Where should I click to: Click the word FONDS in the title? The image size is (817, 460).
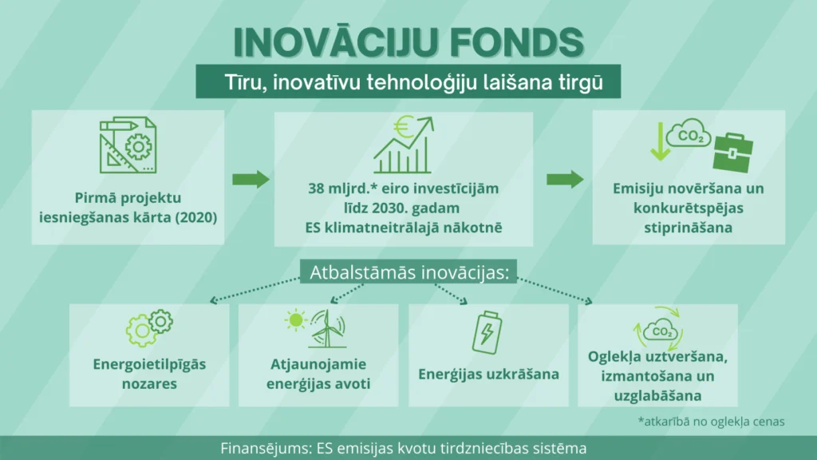517,42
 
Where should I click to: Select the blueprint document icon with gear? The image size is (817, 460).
128,145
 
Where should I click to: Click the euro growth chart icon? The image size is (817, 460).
403,145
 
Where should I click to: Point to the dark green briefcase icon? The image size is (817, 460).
733,153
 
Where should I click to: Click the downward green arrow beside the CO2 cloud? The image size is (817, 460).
660,141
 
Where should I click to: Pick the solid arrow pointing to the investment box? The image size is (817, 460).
251,180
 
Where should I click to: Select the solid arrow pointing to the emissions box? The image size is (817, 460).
565,180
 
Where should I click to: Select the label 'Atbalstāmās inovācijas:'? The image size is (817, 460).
409,272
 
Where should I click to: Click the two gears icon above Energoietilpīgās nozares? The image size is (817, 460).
149,327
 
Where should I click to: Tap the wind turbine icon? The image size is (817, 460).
327,328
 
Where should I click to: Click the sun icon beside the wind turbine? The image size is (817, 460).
295,319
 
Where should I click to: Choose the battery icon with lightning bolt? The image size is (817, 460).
487,333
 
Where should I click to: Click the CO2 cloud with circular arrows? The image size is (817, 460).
659,329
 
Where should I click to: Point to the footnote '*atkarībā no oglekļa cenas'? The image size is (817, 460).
711,422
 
